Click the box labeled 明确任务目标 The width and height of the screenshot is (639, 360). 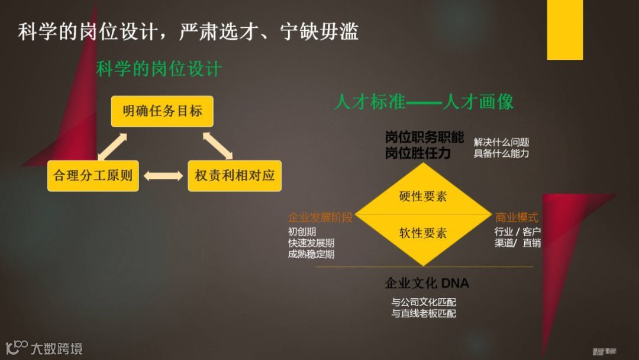tap(162, 111)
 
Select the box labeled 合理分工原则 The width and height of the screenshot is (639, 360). tap(93, 175)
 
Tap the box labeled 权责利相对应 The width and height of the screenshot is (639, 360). tap(234, 175)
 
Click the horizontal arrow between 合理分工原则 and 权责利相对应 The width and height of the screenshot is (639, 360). tap(163, 176)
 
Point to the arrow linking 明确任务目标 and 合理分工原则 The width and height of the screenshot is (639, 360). tap(112, 146)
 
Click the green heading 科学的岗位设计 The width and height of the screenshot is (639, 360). tap(159, 69)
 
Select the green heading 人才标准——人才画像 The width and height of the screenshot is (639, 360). tap(424, 102)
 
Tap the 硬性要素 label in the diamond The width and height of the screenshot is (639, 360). tap(422, 197)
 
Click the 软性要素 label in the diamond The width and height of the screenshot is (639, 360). tap(422, 233)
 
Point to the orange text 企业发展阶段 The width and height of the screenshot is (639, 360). tap(320, 217)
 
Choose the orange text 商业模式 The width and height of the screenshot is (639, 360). tap(517, 217)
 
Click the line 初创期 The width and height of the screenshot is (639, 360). tap(302, 232)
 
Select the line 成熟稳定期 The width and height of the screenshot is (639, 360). tap(311, 255)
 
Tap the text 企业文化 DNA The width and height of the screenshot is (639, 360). tap(427, 284)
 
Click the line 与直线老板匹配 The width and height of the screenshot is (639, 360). tap(424, 314)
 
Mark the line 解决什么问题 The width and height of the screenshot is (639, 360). tap(501, 142)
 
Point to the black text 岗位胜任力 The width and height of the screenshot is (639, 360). tap(418, 154)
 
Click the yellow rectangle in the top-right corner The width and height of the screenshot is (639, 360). tap(564, 30)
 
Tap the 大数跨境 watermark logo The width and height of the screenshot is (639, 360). tap(44, 348)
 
